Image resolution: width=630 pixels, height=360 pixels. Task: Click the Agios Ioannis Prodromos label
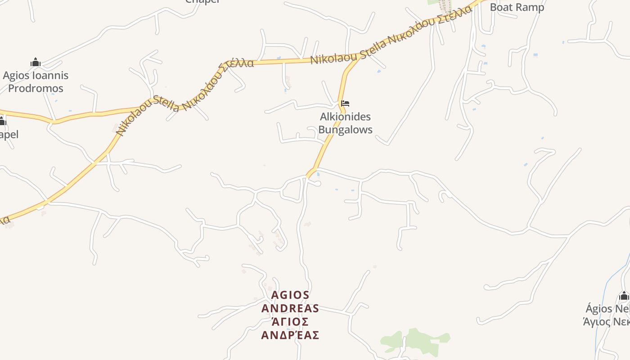[36, 81]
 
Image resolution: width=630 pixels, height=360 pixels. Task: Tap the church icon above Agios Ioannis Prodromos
[35, 62]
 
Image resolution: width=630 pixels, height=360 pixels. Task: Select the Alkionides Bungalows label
[346, 123]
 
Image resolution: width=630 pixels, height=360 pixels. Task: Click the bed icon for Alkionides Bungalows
[345, 103]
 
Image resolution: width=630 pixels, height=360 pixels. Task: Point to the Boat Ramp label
[517, 7]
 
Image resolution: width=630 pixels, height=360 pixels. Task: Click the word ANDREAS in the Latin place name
[290, 308]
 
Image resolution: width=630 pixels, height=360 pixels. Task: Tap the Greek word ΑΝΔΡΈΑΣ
[290, 335]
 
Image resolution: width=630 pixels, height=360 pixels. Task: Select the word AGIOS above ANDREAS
[291, 295]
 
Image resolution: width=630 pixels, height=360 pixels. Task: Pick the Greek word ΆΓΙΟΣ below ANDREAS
[290, 322]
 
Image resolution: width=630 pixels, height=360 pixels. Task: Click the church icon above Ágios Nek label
[624, 296]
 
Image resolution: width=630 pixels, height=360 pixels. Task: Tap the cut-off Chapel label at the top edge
[202, 1]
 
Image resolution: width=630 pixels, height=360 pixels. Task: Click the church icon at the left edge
[2, 121]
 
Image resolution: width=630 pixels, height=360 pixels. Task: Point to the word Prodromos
[36, 88]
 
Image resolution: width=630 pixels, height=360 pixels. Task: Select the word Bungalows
[346, 130]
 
